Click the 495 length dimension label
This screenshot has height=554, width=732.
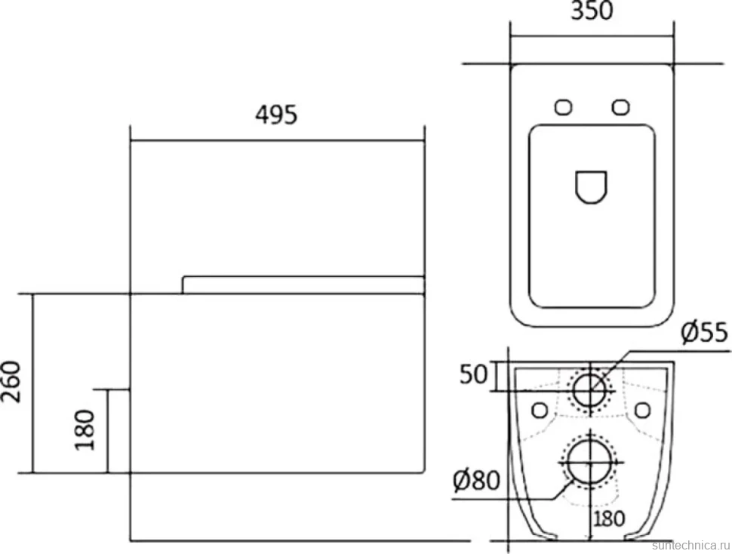coord(276,115)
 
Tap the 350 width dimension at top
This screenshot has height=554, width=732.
coord(592,11)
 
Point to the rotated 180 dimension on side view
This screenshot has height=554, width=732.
coord(85,430)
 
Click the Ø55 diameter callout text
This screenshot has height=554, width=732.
coord(704,332)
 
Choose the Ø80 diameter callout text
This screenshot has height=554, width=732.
coord(476,480)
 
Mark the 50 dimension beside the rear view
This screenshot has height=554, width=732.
coord(473,375)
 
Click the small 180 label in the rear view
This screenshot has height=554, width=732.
coord(609,519)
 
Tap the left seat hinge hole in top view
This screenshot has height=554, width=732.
coord(564,107)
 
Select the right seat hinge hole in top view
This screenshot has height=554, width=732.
coord(620,107)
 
